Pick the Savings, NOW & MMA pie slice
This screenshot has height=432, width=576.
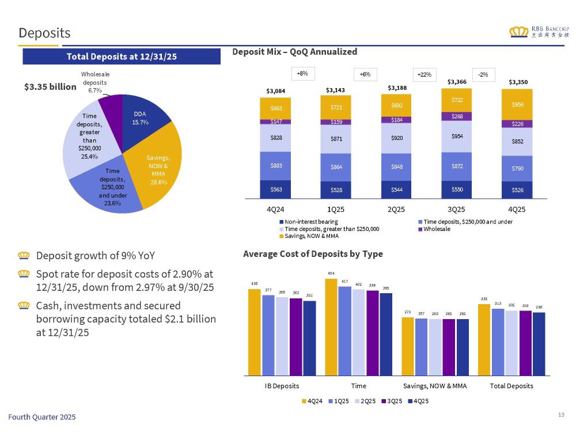click(x=158, y=173)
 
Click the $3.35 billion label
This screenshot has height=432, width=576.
click(x=50, y=86)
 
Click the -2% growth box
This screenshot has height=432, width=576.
click(x=483, y=74)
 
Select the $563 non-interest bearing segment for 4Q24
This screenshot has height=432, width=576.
click(x=275, y=189)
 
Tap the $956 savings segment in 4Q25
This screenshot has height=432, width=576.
click(x=517, y=105)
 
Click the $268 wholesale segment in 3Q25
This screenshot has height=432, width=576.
click(x=456, y=116)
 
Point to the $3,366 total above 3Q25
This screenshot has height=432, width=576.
click(x=457, y=82)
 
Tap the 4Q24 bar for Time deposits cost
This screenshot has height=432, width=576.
click(x=331, y=327)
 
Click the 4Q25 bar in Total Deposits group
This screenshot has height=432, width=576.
click(x=539, y=343)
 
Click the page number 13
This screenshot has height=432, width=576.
click(x=562, y=415)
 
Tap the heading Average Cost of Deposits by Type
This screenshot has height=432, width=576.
click(x=313, y=253)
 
